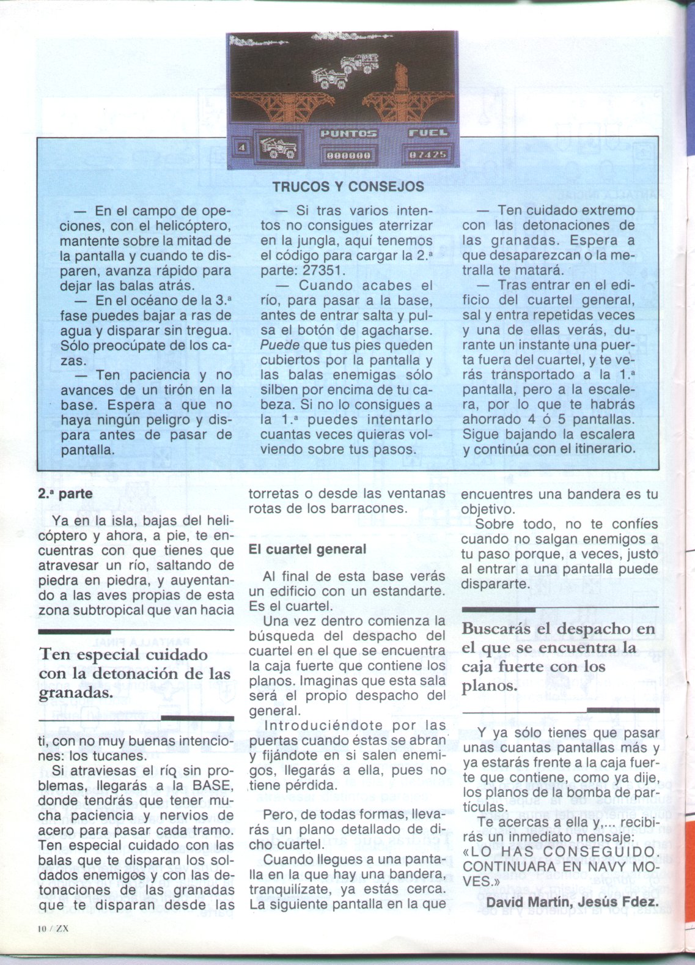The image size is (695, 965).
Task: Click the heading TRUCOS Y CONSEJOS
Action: [348, 187]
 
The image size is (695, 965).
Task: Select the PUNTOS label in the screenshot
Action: [348, 133]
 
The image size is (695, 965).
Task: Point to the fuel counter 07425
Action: [428, 155]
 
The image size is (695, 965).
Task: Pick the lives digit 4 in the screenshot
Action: [242, 147]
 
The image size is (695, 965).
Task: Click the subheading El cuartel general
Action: [307, 549]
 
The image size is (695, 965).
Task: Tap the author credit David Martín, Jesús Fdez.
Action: [572, 902]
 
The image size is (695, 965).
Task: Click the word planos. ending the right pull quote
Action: [490, 686]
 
